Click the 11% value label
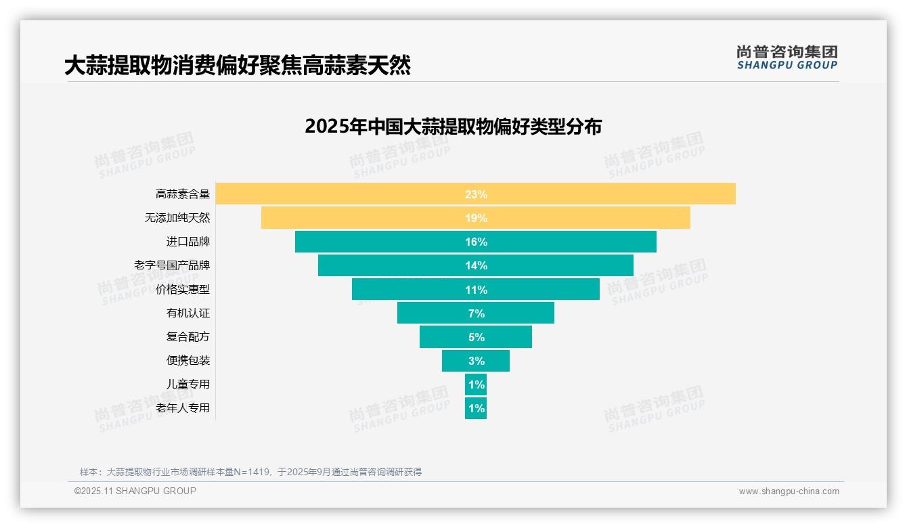coord(476,290)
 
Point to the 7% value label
coord(476,313)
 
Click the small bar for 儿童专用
coord(476,384)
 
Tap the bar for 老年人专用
coord(476,408)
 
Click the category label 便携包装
coord(188,360)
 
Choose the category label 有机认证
coord(188,313)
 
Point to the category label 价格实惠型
coord(183,289)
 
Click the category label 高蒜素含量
coord(183,194)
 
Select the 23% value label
coord(476,194)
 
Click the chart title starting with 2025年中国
coord(453,127)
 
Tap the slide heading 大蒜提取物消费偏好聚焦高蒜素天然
coord(238,66)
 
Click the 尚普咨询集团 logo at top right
coord(787,58)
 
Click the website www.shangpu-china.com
coord(789,491)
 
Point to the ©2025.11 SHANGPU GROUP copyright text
coord(135,491)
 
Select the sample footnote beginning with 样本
coord(250,472)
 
